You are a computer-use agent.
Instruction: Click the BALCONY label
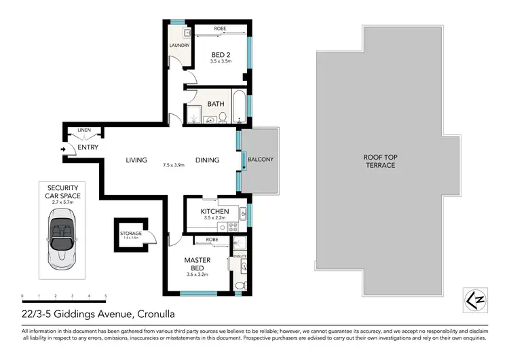click(x=260, y=160)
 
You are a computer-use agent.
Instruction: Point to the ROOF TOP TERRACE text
click(x=381, y=161)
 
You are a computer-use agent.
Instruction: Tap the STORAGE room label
click(x=130, y=233)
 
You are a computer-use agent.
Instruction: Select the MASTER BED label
click(x=197, y=264)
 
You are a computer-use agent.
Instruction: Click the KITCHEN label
click(x=214, y=212)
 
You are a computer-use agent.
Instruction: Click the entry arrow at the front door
click(x=64, y=148)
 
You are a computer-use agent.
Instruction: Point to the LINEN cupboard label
click(x=84, y=130)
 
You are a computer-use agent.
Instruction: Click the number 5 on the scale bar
click(x=105, y=296)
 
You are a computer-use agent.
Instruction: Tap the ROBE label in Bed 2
click(x=220, y=29)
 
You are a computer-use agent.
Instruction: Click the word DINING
click(x=207, y=160)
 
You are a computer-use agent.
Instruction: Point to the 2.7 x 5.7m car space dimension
click(x=62, y=202)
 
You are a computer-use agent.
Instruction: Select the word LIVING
click(x=136, y=160)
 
